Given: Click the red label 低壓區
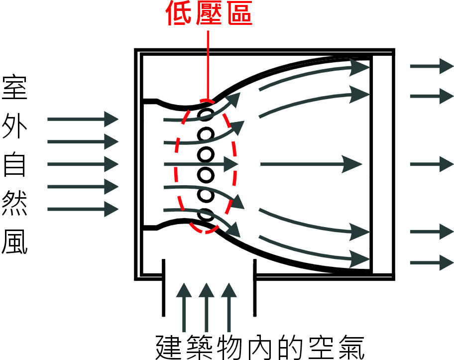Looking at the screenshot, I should click(x=209, y=13).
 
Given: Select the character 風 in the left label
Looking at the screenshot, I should click(x=15, y=242).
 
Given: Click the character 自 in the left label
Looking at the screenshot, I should click(x=15, y=165).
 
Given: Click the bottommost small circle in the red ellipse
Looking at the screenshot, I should click(x=205, y=215).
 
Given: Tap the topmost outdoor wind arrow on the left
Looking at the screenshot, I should click(x=83, y=119).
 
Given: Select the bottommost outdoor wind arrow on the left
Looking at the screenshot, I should click(x=83, y=209).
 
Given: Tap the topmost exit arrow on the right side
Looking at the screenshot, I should click(x=431, y=66).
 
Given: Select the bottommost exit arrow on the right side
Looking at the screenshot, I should click(x=431, y=262).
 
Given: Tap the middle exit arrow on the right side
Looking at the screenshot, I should click(x=431, y=163).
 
